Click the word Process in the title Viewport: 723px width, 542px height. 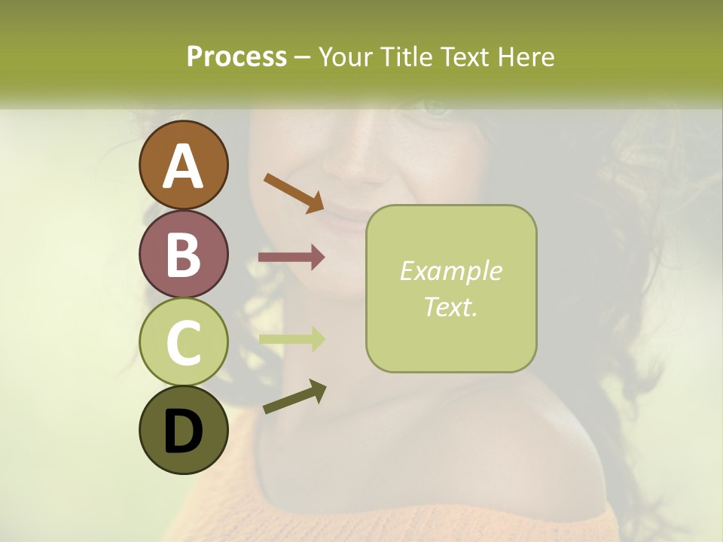click(x=236, y=57)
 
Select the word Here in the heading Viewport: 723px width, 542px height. click(x=524, y=57)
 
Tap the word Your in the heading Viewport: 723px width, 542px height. click(x=347, y=57)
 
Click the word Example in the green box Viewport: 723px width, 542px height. click(x=450, y=271)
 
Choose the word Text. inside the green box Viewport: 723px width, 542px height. click(x=450, y=306)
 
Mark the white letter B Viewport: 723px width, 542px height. click(x=183, y=254)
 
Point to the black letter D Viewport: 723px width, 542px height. click(x=183, y=432)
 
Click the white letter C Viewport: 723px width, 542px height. click(x=183, y=343)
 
